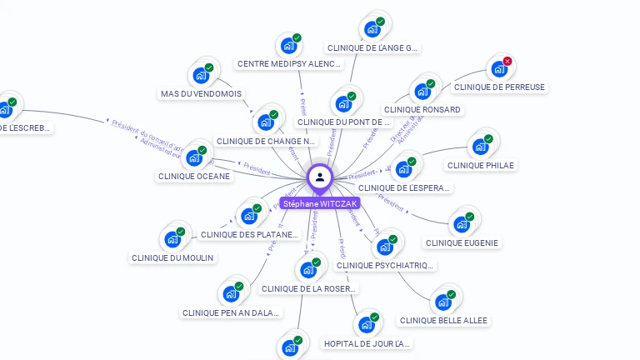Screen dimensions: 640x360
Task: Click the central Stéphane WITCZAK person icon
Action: point(320,177)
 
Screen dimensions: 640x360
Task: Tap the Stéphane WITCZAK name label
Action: point(320,203)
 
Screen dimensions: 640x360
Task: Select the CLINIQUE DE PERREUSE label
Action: point(499,87)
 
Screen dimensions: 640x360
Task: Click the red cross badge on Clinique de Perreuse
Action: point(507,61)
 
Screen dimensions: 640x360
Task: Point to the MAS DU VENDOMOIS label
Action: point(200,93)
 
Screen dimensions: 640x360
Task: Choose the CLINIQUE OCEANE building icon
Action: point(194,157)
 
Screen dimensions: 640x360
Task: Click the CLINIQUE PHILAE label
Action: point(481,165)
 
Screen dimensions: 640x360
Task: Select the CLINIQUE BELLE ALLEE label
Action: point(443,320)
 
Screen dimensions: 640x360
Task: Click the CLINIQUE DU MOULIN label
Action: point(173,257)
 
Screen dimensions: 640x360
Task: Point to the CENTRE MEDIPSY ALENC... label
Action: point(288,63)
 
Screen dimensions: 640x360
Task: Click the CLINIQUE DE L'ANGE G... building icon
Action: point(372,29)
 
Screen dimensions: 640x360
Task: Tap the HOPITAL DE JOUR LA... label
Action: point(367,343)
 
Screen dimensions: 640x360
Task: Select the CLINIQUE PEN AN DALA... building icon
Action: point(231,293)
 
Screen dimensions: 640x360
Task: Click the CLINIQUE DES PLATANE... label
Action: point(249,234)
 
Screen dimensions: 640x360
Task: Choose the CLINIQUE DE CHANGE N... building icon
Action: point(266,122)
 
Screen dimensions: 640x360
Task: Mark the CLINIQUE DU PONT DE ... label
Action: point(343,122)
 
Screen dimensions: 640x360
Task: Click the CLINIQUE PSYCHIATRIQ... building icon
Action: point(384,247)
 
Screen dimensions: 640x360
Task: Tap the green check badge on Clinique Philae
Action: point(488,138)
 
